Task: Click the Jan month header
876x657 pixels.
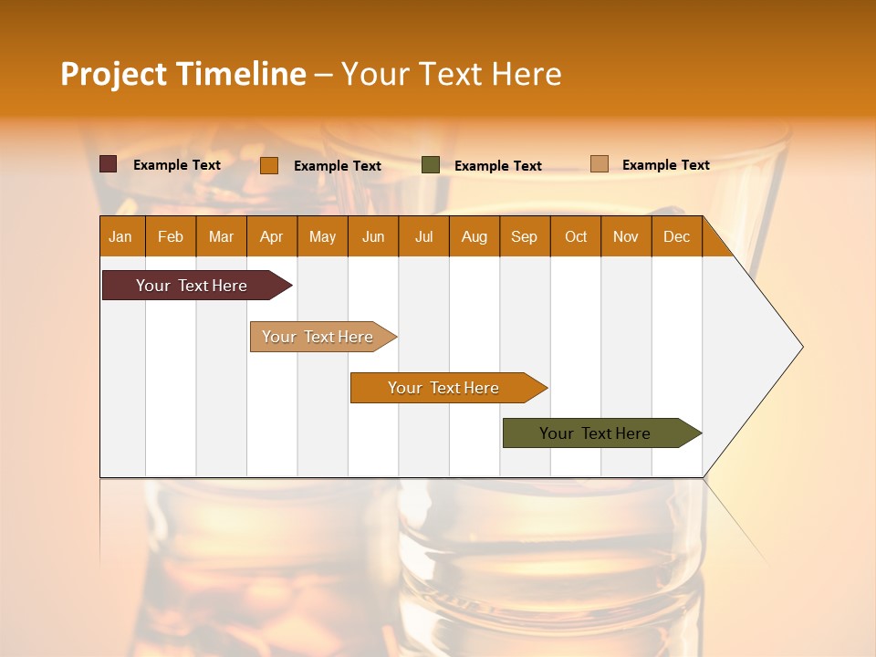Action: coord(120,236)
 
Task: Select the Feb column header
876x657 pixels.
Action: coord(171,236)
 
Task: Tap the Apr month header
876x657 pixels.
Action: coord(271,236)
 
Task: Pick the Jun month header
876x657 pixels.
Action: coord(373,236)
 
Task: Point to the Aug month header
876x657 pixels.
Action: coord(474,236)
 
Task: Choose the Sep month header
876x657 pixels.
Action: coord(524,236)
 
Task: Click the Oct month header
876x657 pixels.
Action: coord(576,236)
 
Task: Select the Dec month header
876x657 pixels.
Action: coord(676,236)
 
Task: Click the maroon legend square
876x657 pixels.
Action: coord(108,164)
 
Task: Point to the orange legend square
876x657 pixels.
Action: coord(269,165)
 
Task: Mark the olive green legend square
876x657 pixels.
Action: coord(431,165)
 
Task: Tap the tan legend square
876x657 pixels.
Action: coord(599,164)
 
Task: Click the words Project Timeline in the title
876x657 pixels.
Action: coord(183,74)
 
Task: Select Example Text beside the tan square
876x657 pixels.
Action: coord(665,165)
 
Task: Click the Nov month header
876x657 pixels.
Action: coord(625,236)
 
